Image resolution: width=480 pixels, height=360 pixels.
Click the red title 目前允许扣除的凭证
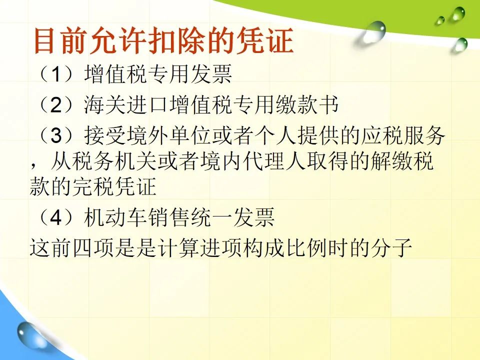pyautogui.click(x=164, y=40)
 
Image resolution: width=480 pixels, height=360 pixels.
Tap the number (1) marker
pyautogui.click(x=56, y=74)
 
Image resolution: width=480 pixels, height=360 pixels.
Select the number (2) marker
pyautogui.click(x=56, y=104)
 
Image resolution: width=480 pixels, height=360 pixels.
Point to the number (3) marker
pyautogui.click(x=56, y=135)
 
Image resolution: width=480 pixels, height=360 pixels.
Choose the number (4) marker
pyautogui.click(x=56, y=217)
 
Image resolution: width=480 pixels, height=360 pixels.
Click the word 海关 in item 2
pyautogui.click(x=104, y=104)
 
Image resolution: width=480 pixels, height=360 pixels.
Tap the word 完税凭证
pyautogui.click(x=114, y=186)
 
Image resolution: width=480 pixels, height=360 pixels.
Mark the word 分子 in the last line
pyautogui.click(x=392, y=247)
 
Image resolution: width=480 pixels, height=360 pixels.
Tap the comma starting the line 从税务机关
pyautogui.click(x=33, y=166)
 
